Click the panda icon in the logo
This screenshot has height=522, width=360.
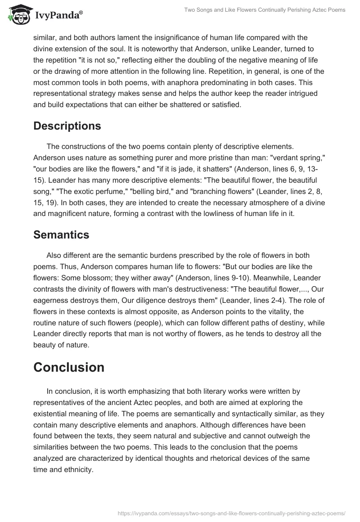click(x=18, y=14)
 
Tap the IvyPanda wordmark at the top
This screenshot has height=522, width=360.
click(x=58, y=16)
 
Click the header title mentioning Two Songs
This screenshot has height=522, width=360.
click(x=265, y=10)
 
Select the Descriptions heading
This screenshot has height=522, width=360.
click(x=67, y=126)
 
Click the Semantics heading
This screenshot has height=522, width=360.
click(x=61, y=234)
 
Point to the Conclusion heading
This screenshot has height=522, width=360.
click(x=69, y=367)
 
